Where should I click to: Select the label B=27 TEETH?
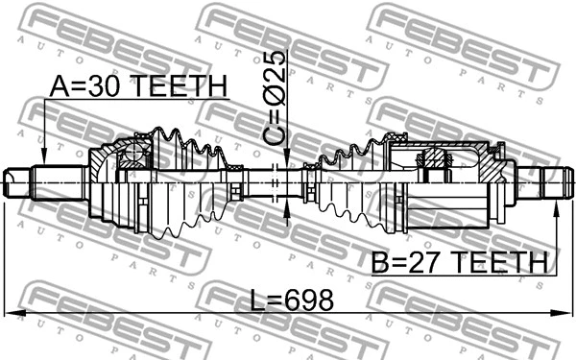458,261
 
